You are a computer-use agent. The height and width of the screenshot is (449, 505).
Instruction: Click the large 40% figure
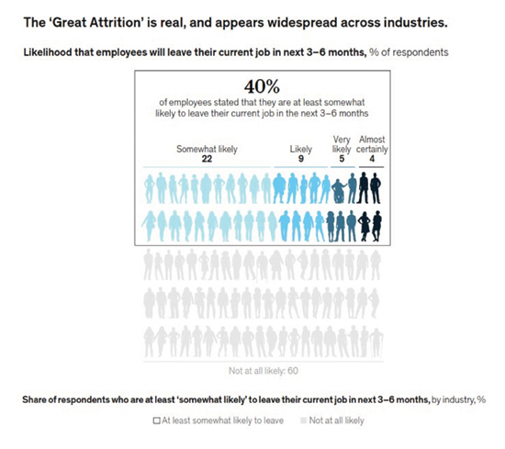(262, 86)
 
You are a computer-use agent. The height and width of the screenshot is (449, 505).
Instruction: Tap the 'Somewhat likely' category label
(207, 149)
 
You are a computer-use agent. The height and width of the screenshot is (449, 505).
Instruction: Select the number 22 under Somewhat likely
(207, 159)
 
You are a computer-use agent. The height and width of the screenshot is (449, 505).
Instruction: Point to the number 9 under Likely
(301, 159)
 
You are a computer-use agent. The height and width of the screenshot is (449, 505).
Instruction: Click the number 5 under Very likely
(342, 159)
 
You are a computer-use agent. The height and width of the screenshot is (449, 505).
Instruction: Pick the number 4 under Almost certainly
(372, 159)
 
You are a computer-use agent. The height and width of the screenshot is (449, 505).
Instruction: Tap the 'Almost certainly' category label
(372, 144)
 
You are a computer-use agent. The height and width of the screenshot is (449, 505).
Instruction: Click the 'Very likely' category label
(342, 144)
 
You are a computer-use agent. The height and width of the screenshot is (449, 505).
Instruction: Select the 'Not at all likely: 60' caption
(264, 371)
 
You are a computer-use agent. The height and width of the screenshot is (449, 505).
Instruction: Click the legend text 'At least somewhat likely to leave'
(222, 421)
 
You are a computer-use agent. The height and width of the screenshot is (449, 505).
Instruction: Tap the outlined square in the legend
(156, 421)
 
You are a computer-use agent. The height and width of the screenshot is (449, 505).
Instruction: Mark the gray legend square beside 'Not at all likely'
(303, 421)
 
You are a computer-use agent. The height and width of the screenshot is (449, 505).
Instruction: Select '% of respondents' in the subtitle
(409, 52)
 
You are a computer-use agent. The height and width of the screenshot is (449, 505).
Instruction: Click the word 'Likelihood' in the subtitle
(48, 52)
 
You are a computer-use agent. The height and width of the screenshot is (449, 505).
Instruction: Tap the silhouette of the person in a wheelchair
(339, 191)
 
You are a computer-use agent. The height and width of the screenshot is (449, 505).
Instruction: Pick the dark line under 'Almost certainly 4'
(371, 167)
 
